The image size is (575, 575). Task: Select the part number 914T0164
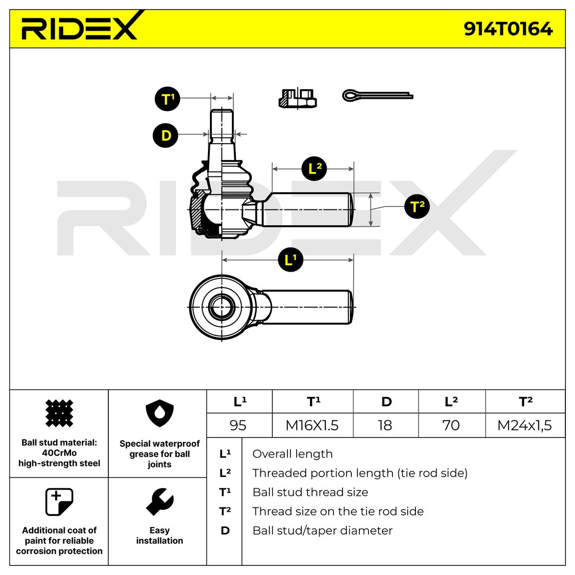[508, 29]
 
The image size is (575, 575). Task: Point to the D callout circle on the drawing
[165, 135]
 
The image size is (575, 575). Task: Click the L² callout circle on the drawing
[314, 169]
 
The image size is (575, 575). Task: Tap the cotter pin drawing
[378, 95]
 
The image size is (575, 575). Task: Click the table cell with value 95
[238, 425]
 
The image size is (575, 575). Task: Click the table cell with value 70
[451, 425]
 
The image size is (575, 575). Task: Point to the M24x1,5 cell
[525, 425]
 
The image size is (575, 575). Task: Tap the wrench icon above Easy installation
[160, 502]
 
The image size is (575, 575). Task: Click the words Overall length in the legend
[292, 454]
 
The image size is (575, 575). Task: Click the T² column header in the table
[526, 402]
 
